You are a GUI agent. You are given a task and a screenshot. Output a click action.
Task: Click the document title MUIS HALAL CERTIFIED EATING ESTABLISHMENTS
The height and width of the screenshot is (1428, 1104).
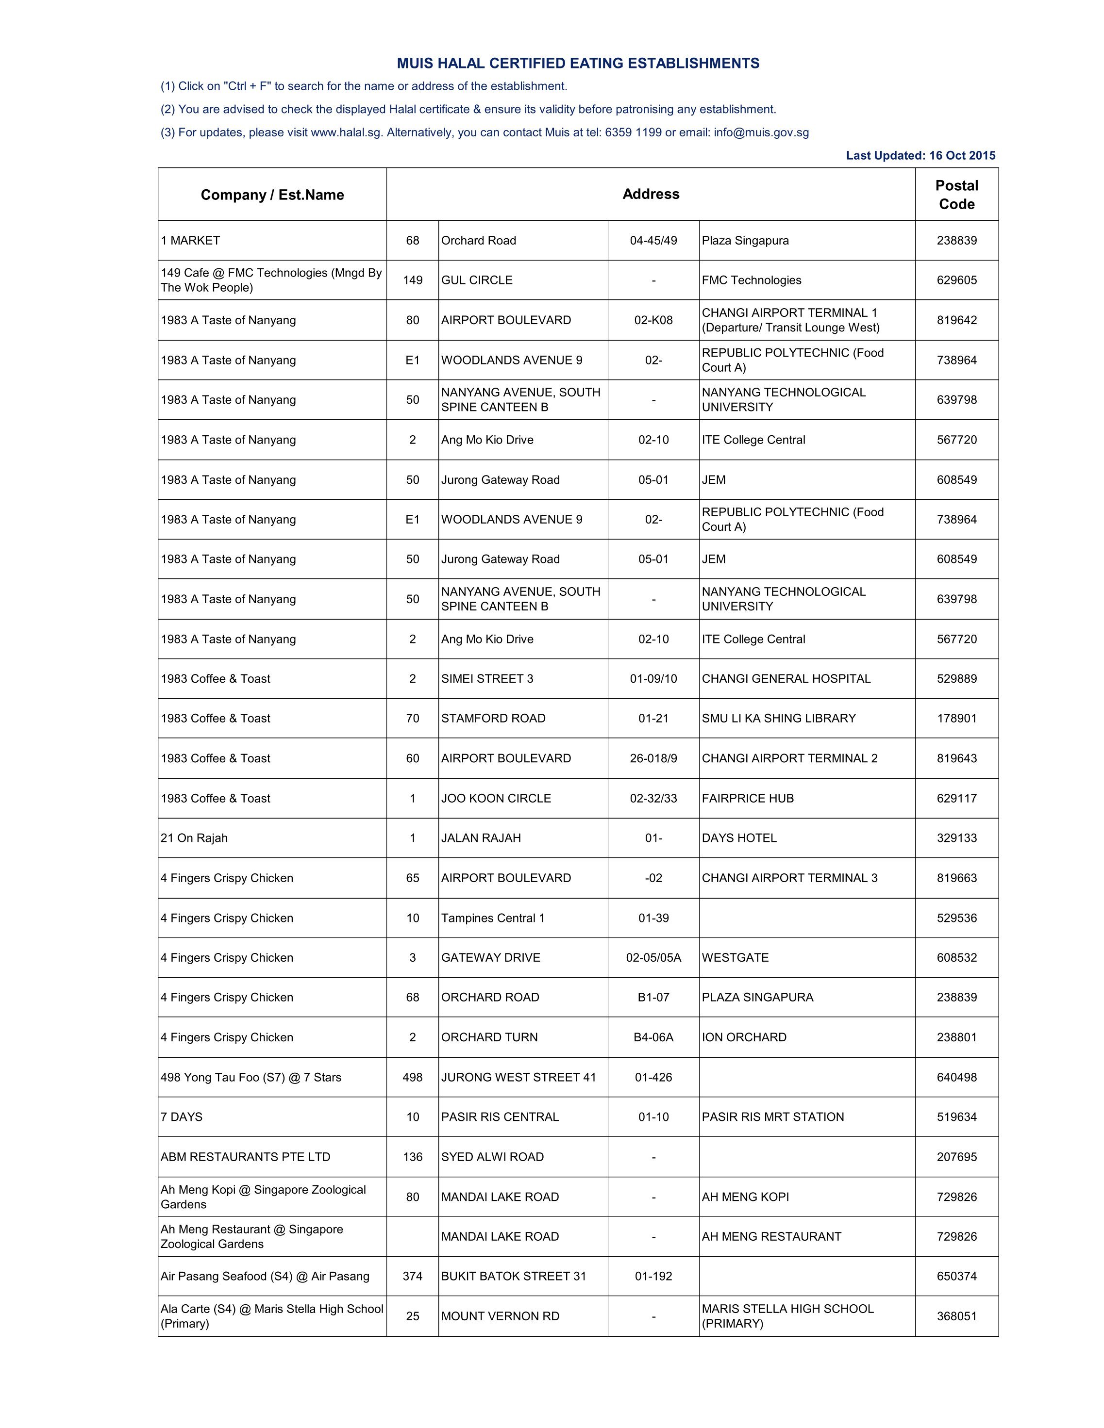(x=578, y=64)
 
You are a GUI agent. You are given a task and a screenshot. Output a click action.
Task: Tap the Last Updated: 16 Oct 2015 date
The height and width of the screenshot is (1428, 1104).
(x=920, y=156)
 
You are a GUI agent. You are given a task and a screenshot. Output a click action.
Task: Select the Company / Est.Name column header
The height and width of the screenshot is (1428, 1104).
(x=272, y=195)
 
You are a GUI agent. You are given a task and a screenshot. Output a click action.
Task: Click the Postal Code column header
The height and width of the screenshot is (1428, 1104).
(x=956, y=195)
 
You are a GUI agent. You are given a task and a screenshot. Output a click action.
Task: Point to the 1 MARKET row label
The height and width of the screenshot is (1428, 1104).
(x=190, y=241)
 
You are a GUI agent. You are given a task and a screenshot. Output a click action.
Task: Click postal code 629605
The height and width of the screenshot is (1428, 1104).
(x=956, y=280)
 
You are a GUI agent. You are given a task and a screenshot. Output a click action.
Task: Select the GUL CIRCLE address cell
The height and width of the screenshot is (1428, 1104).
(x=477, y=280)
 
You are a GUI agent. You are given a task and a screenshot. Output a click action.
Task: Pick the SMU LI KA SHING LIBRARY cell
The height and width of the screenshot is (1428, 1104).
(x=778, y=719)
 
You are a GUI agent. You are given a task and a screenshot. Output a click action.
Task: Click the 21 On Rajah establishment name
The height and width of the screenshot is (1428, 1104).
(x=194, y=838)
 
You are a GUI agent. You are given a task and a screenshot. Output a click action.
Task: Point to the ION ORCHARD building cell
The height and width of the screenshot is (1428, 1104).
(x=744, y=1038)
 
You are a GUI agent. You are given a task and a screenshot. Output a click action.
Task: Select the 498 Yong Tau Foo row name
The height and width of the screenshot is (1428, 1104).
(x=251, y=1078)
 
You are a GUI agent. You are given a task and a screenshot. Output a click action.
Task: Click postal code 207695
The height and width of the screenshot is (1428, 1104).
(x=956, y=1157)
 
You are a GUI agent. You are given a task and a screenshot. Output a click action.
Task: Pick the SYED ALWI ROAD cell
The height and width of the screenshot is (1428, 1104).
(x=492, y=1157)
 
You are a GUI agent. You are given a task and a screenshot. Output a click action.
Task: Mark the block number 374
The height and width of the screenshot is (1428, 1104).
(x=412, y=1276)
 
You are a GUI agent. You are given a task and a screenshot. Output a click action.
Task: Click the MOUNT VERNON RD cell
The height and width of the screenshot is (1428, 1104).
(x=500, y=1316)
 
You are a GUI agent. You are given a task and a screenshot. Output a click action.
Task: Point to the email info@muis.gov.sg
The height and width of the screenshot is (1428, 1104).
(x=761, y=133)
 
